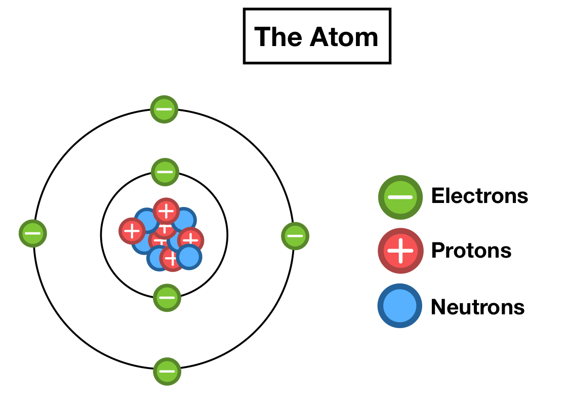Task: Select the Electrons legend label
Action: point(479,196)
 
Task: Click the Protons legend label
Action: point(471,250)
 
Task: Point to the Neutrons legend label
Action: point(477,307)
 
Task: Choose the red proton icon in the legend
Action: point(400,251)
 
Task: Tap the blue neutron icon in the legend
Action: point(400,306)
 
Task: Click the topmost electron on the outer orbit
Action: point(165,109)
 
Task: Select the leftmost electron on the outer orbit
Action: point(33,234)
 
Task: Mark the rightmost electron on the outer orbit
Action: point(295,236)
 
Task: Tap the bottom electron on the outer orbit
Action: point(167,372)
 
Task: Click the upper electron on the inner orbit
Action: point(165,172)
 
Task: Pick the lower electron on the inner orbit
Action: point(167,297)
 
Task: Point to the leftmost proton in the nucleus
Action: point(132,231)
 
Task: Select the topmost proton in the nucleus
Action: point(166,211)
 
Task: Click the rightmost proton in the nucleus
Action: point(191,240)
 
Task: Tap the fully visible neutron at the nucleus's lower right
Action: point(189,257)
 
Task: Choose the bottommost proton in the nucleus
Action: point(171,259)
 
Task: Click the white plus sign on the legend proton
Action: point(400,251)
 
